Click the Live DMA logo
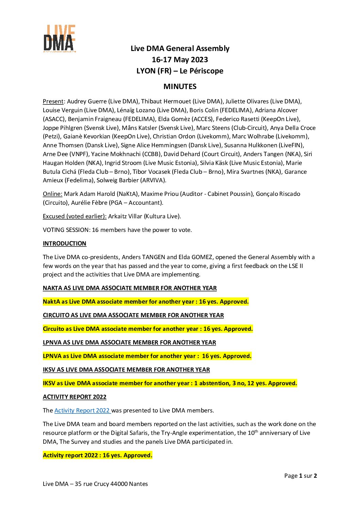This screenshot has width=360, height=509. click(59, 38)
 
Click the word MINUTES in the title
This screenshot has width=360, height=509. click(180, 86)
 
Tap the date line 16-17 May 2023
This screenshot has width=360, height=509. click(180, 60)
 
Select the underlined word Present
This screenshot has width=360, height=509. click(53, 101)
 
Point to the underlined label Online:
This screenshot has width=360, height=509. click(52, 194)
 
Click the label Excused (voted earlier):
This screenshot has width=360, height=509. click(75, 216)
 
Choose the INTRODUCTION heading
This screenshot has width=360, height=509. click(65, 243)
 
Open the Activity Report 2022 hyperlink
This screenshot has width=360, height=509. click(82, 410)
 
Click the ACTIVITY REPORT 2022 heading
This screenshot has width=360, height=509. click(75, 397)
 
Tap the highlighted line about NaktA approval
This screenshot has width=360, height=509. click(146, 302)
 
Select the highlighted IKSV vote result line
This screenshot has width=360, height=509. click(170, 383)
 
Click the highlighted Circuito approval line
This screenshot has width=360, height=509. click(148, 329)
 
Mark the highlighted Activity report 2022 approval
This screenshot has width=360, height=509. click(98, 455)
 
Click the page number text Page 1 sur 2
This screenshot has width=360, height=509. click(300, 476)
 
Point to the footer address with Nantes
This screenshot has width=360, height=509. click(95, 484)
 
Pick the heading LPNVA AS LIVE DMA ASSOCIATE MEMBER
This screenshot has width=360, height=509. click(129, 342)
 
